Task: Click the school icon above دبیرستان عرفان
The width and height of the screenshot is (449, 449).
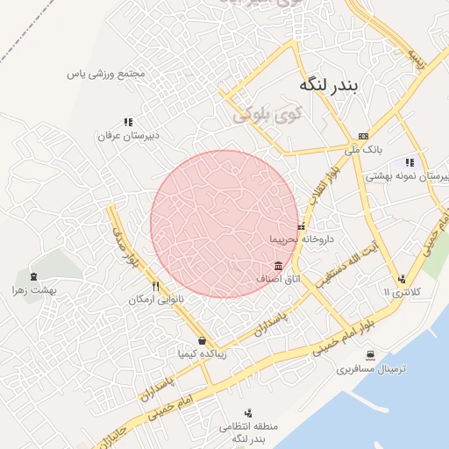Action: (x=128, y=123)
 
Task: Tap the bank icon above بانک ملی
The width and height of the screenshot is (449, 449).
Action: (x=363, y=136)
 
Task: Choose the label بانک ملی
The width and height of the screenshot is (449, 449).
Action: (x=362, y=150)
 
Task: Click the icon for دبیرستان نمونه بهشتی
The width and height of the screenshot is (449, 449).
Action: (x=409, y=162)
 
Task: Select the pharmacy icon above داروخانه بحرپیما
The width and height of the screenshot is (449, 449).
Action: (x=302, y=227)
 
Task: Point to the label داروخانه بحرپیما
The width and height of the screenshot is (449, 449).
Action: (x=303, y=239)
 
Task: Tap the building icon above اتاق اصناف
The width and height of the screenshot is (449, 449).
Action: (x=278, y=266)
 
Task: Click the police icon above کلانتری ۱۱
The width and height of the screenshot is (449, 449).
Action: (x=402, y=279)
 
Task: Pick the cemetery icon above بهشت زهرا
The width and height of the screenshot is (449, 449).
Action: (x=33, y=276)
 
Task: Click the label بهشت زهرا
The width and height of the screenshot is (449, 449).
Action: (x=34, y=290)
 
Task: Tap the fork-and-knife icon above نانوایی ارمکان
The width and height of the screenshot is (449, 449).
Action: (x=155, y=286)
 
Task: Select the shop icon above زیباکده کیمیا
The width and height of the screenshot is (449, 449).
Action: (x=203, y=341)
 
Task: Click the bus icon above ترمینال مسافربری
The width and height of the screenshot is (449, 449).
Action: (x=373, y=356)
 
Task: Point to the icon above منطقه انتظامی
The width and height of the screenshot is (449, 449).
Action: (x=248, y=413)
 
